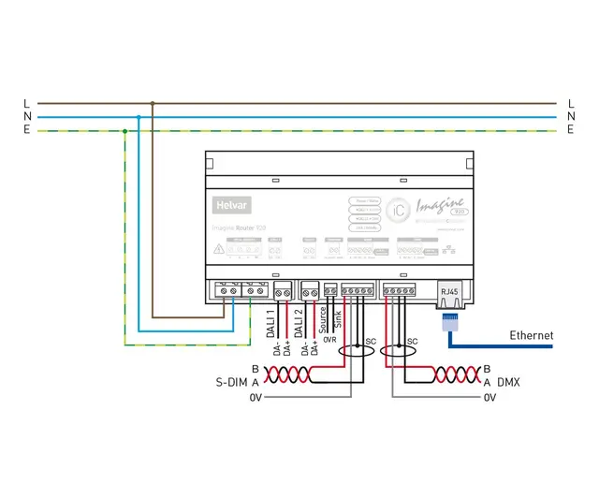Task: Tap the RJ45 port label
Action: pos(450,291)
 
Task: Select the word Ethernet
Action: pos(531,335)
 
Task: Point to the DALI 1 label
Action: pos(272,323)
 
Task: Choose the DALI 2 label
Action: pos(299,323)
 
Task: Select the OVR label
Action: pos(329,340)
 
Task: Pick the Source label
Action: pos(324,318)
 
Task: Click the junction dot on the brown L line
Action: pos(153,103)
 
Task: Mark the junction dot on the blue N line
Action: pos(139,117)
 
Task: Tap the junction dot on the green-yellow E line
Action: pos(124,131)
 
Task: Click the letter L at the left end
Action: pos(26,103)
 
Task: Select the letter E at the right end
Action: pos(570,131)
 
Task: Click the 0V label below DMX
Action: pos(489,398)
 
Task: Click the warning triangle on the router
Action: pos(218,250)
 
